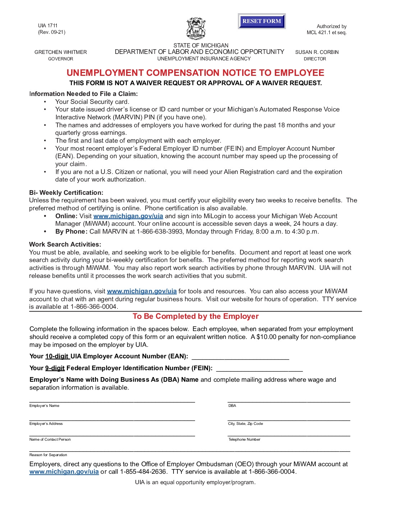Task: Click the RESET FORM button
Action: [x=262, y=21]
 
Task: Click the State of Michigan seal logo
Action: [x=196, y=29]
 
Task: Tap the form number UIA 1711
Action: [x=48, y=26]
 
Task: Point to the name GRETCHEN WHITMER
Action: [x=61, y=52]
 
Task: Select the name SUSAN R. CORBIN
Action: [x=317, y=52]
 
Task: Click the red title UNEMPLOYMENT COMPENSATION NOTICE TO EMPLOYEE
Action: [x=195, y=73]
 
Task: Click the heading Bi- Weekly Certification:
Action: [x=66, y=193]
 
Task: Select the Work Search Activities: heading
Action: [x=65, y=244]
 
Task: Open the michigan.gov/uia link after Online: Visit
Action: [x=128, y=216]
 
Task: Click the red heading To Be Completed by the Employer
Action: [x=195, y=316]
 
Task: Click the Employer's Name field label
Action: [x=44, y=406]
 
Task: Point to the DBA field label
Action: [x=232, y=406]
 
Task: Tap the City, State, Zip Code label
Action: [x=245, y=424]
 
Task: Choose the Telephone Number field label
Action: [x=244, y=440]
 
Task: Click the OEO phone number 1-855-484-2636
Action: [x=143, y=472]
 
